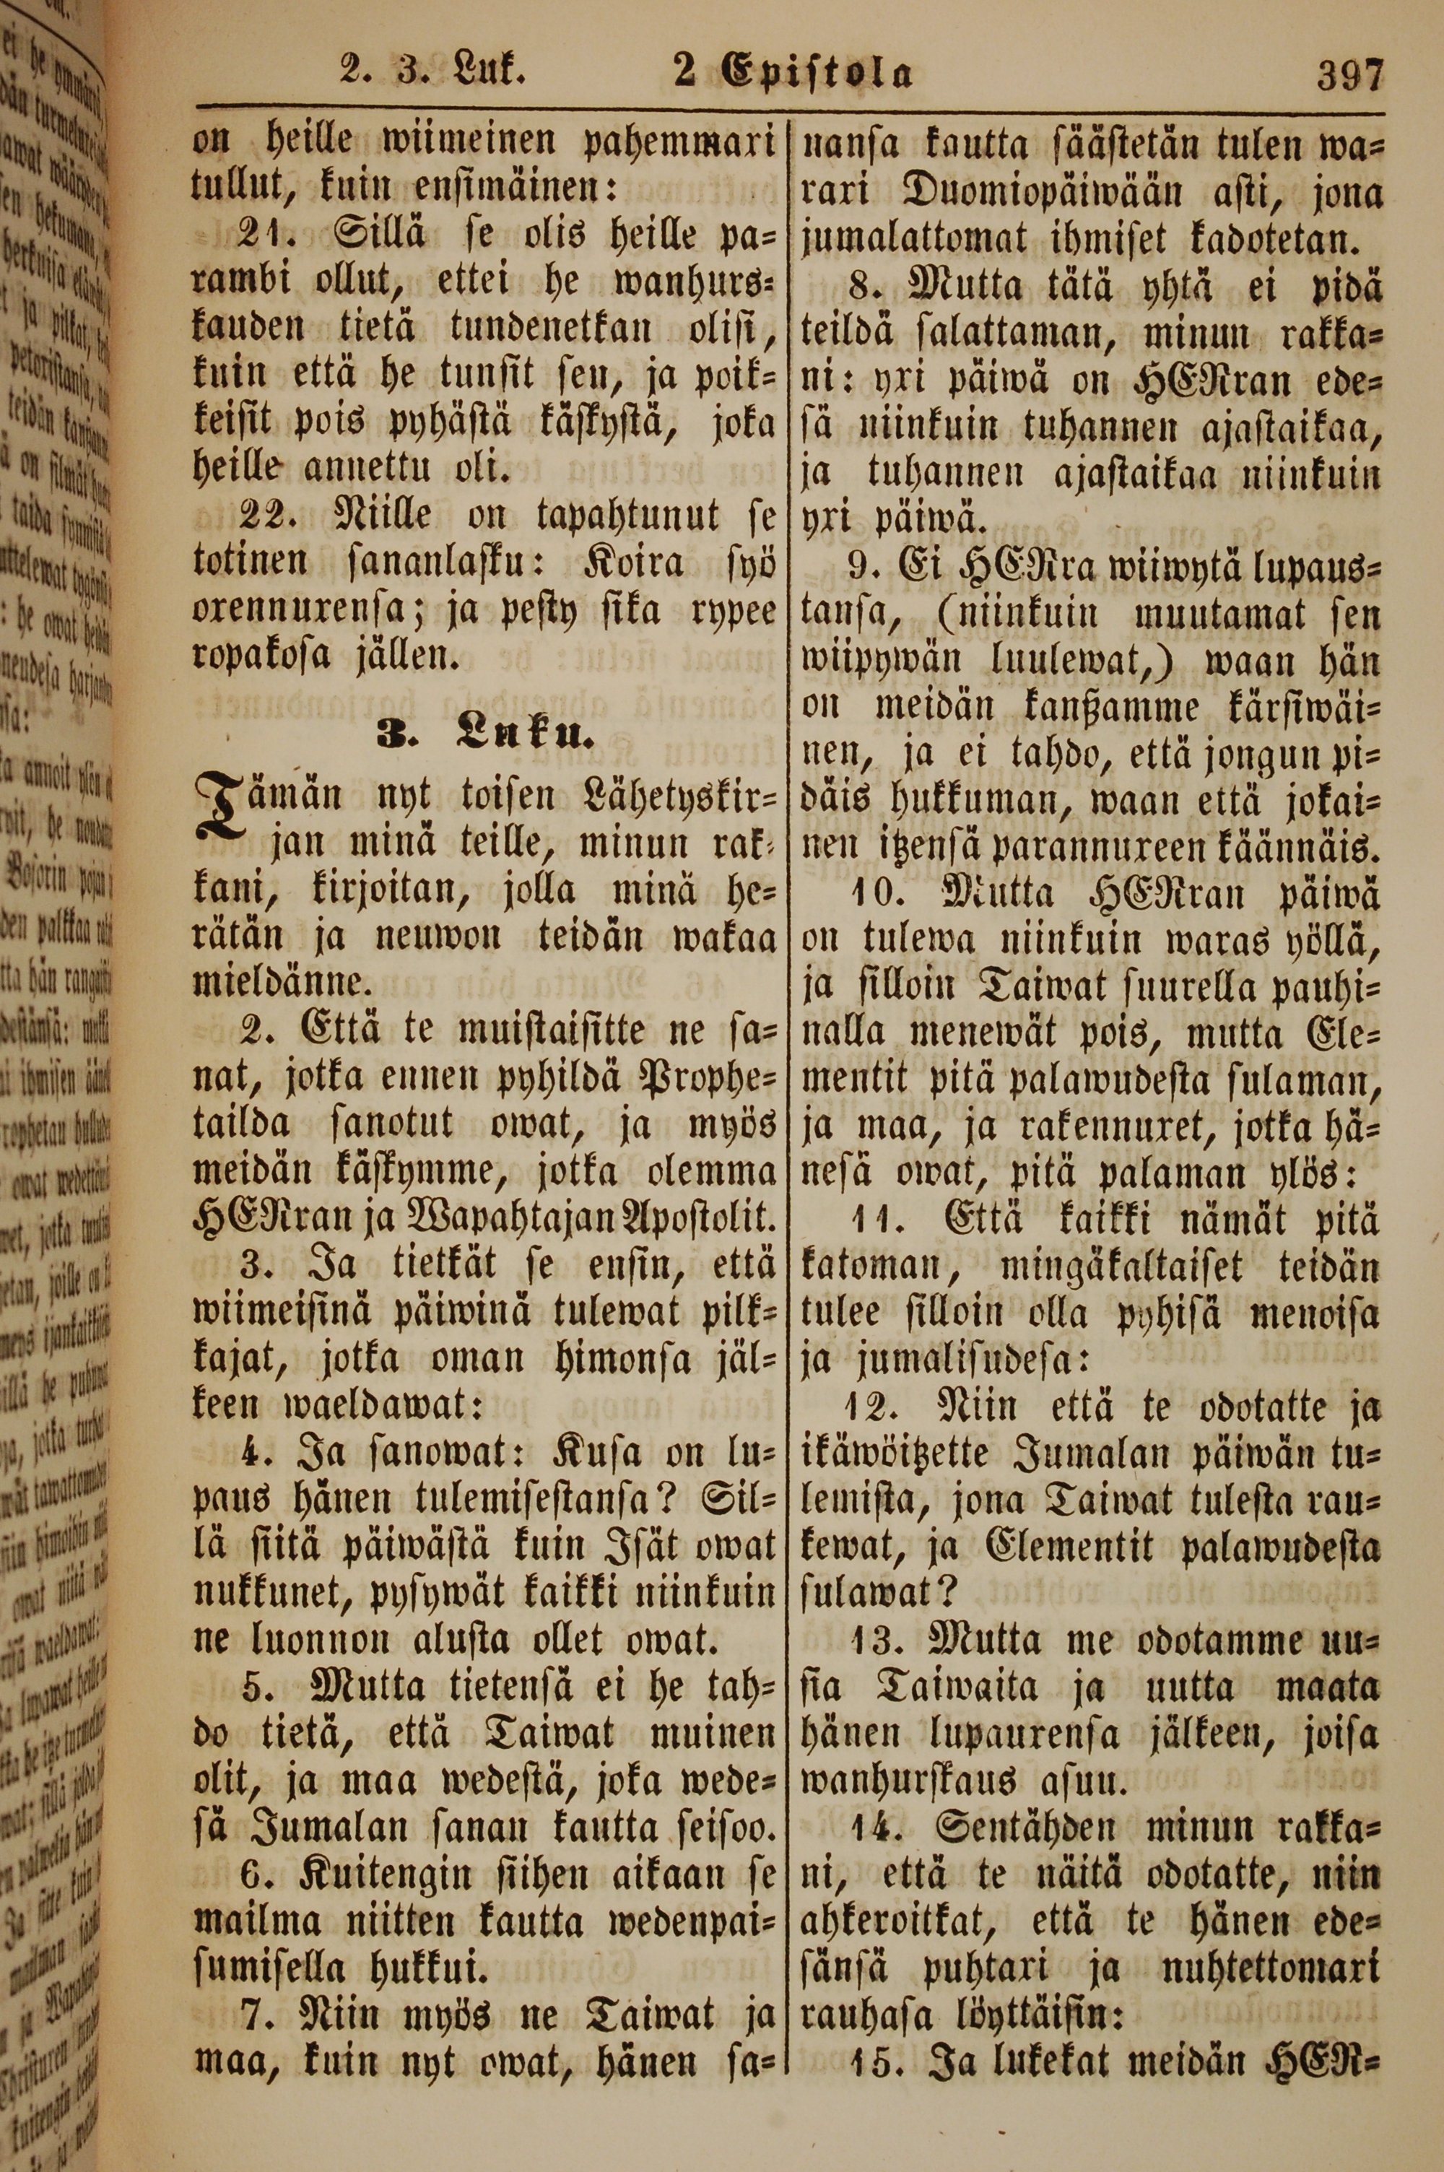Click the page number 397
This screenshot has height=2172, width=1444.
[1350, 74]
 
